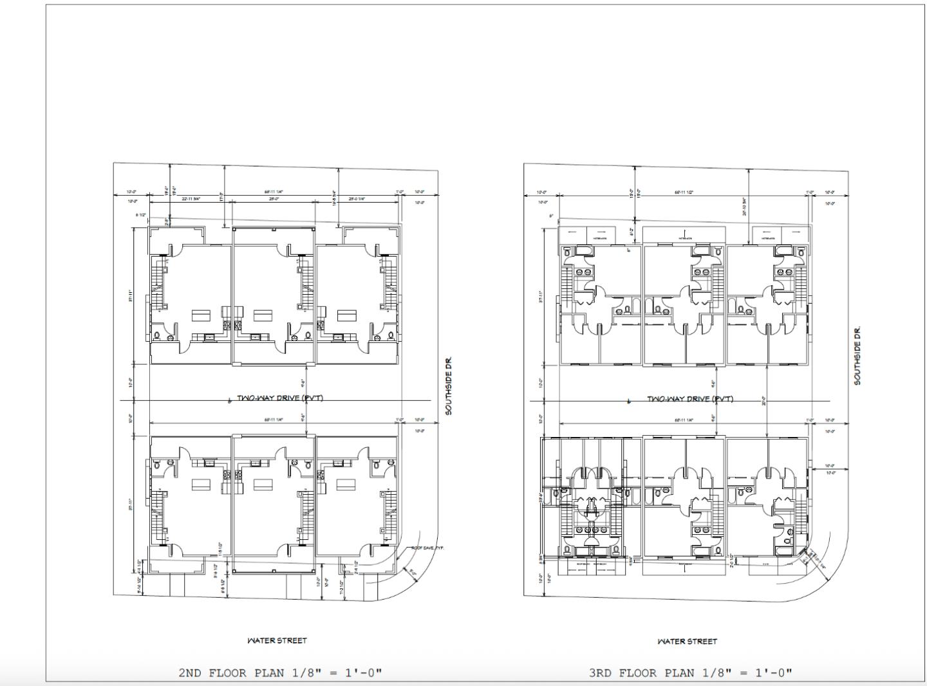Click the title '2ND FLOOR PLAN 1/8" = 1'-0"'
pos(280,673)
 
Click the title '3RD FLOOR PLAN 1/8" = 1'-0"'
pos(690,673)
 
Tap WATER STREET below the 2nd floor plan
pos(277,640)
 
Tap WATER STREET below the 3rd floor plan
pos(687,641)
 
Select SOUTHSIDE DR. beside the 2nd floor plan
pos(449,386)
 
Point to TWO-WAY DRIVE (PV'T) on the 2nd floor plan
pos(279,398)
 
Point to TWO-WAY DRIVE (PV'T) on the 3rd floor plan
pos(689,399)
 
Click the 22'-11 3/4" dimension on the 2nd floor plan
pos(191,199)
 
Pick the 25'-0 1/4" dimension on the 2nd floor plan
pos(357,199)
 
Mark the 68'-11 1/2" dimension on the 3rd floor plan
pos(683,192)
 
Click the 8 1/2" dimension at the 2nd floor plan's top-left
pos(141,214)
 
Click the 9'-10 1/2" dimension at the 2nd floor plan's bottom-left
pos(140,585)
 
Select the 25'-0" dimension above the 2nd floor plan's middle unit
pos(274,199)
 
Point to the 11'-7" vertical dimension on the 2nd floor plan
pos(221,196)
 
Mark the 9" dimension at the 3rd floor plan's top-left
pos(551,215)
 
